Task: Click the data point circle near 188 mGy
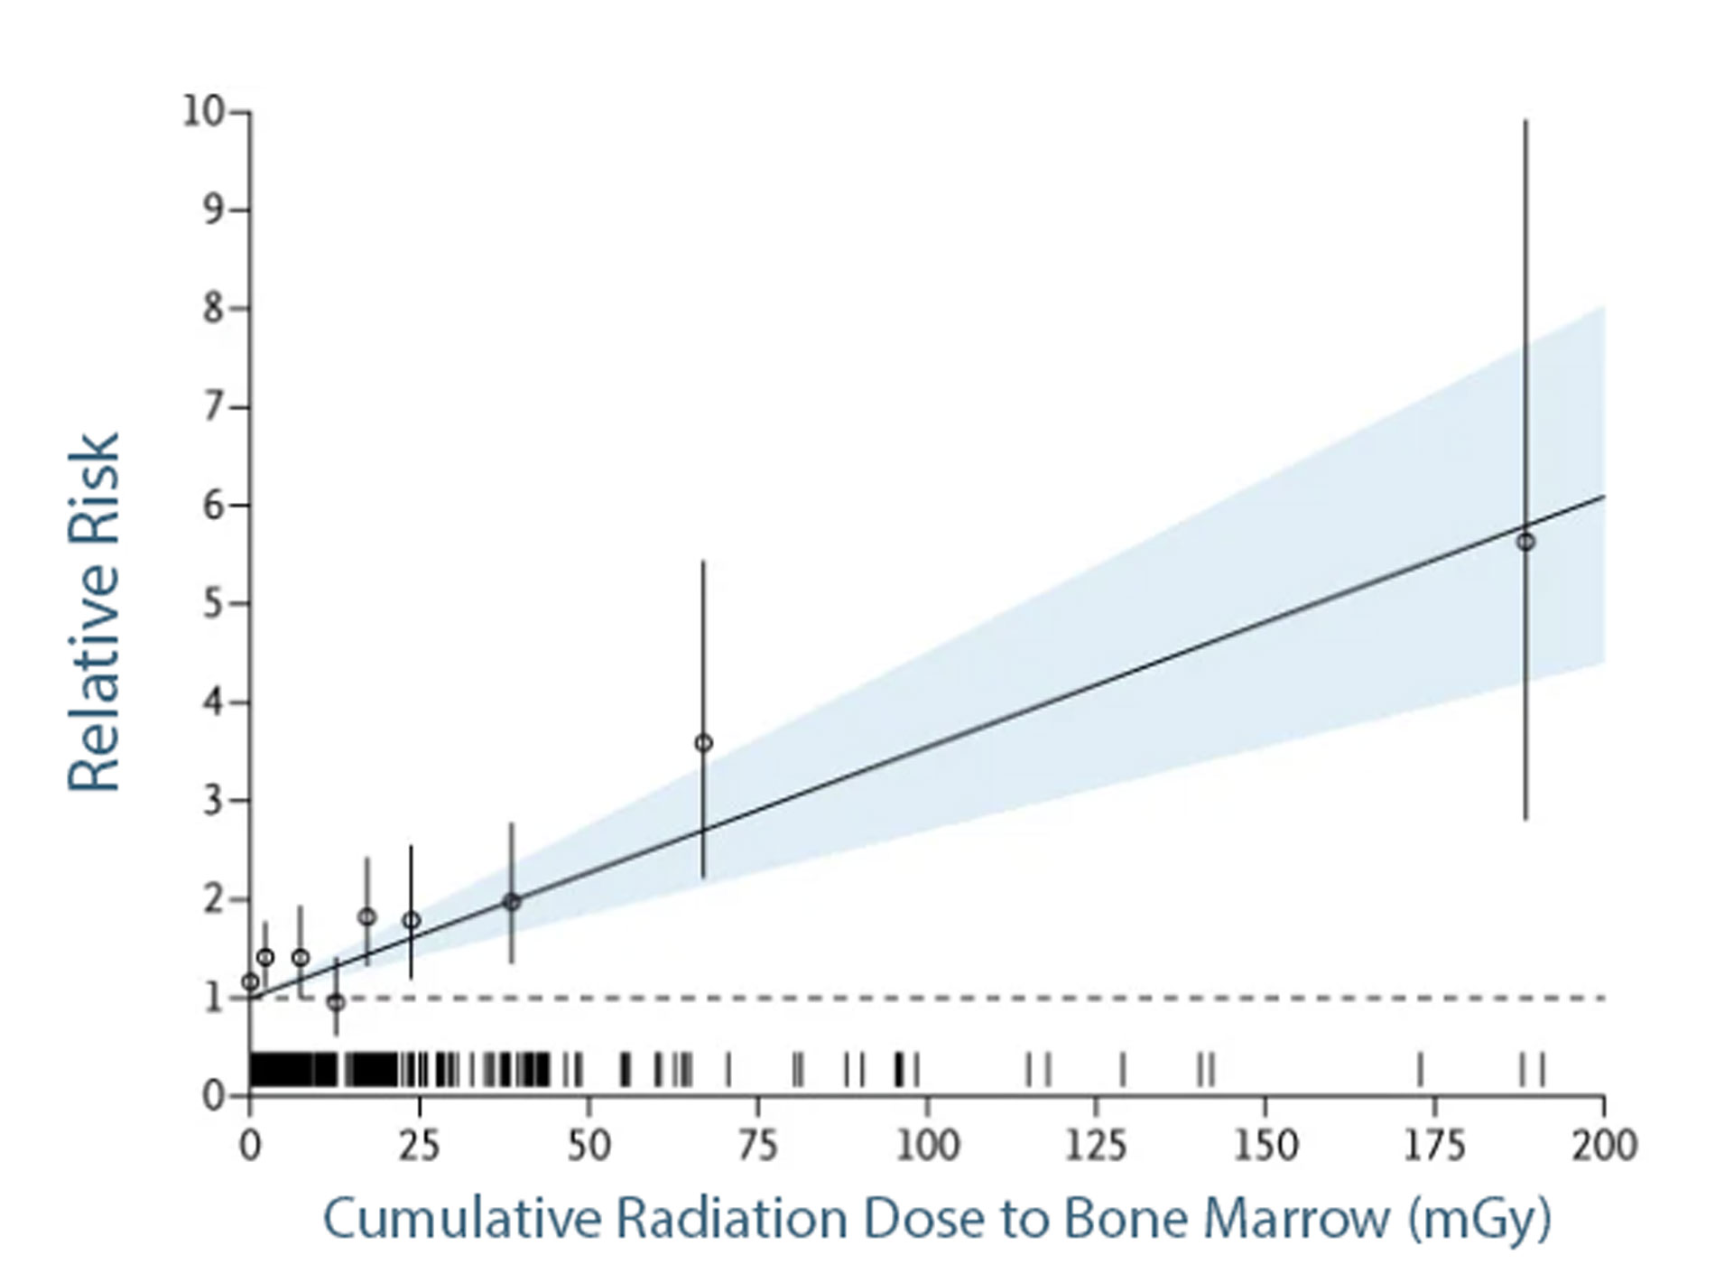[x=1525, y=542]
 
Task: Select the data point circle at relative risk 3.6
[x=703, y=743]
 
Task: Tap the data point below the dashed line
[x=336, y=1002]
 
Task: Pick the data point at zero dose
[x=250, y=981]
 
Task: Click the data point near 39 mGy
[x=512, y=901]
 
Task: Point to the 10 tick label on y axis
[x=202, y=112]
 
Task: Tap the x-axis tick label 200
[x=1604, y=1146]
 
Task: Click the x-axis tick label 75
[x=757, y=1146]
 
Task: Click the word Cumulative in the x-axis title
[x=461, y=1219]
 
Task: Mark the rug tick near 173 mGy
[x=1420, y=1069]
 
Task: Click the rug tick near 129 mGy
[x=1122, y=1069]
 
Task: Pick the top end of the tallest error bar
[x=1525, y=121]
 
